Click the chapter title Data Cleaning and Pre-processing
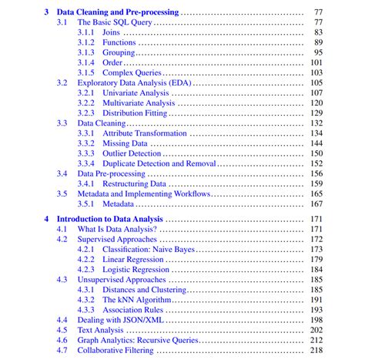coord(118,12)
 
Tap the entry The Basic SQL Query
coord(115,23)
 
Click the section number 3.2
coord(62,82)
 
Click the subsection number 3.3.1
coord(86,133)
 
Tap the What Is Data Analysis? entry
coord(117,229)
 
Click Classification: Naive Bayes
coord(149,249)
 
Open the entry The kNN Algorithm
coord(136,299)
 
